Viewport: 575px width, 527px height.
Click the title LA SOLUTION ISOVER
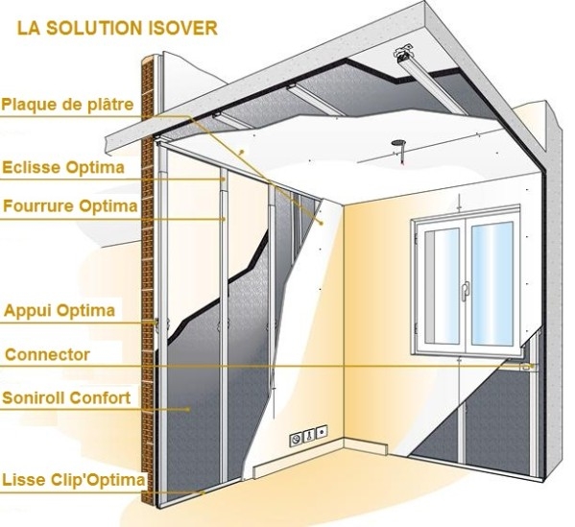click(117, 28)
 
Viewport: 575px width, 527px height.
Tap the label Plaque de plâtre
click(67, 105)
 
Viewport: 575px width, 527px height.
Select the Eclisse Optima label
click(63, 168)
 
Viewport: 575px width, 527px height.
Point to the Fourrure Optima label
click(70, 206)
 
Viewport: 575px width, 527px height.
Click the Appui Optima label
click(60, 311)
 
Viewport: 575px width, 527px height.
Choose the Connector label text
click(48, 354)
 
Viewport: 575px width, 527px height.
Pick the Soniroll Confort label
click(66, 398)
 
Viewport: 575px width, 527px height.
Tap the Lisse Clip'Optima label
click(74, 480)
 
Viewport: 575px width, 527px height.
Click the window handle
click(466, 291)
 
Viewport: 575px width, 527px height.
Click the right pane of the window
click(491, 283)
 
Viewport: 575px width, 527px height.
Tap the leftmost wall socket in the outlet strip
click(297, 439)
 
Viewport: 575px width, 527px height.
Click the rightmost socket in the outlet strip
click(322, 432)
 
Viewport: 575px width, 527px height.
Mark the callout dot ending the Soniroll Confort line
click(189, 409)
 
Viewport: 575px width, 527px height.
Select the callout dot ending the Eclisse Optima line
click(224, 180)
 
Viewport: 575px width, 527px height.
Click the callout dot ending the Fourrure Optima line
click(224, 219)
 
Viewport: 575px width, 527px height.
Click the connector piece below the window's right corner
click(528, 367)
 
